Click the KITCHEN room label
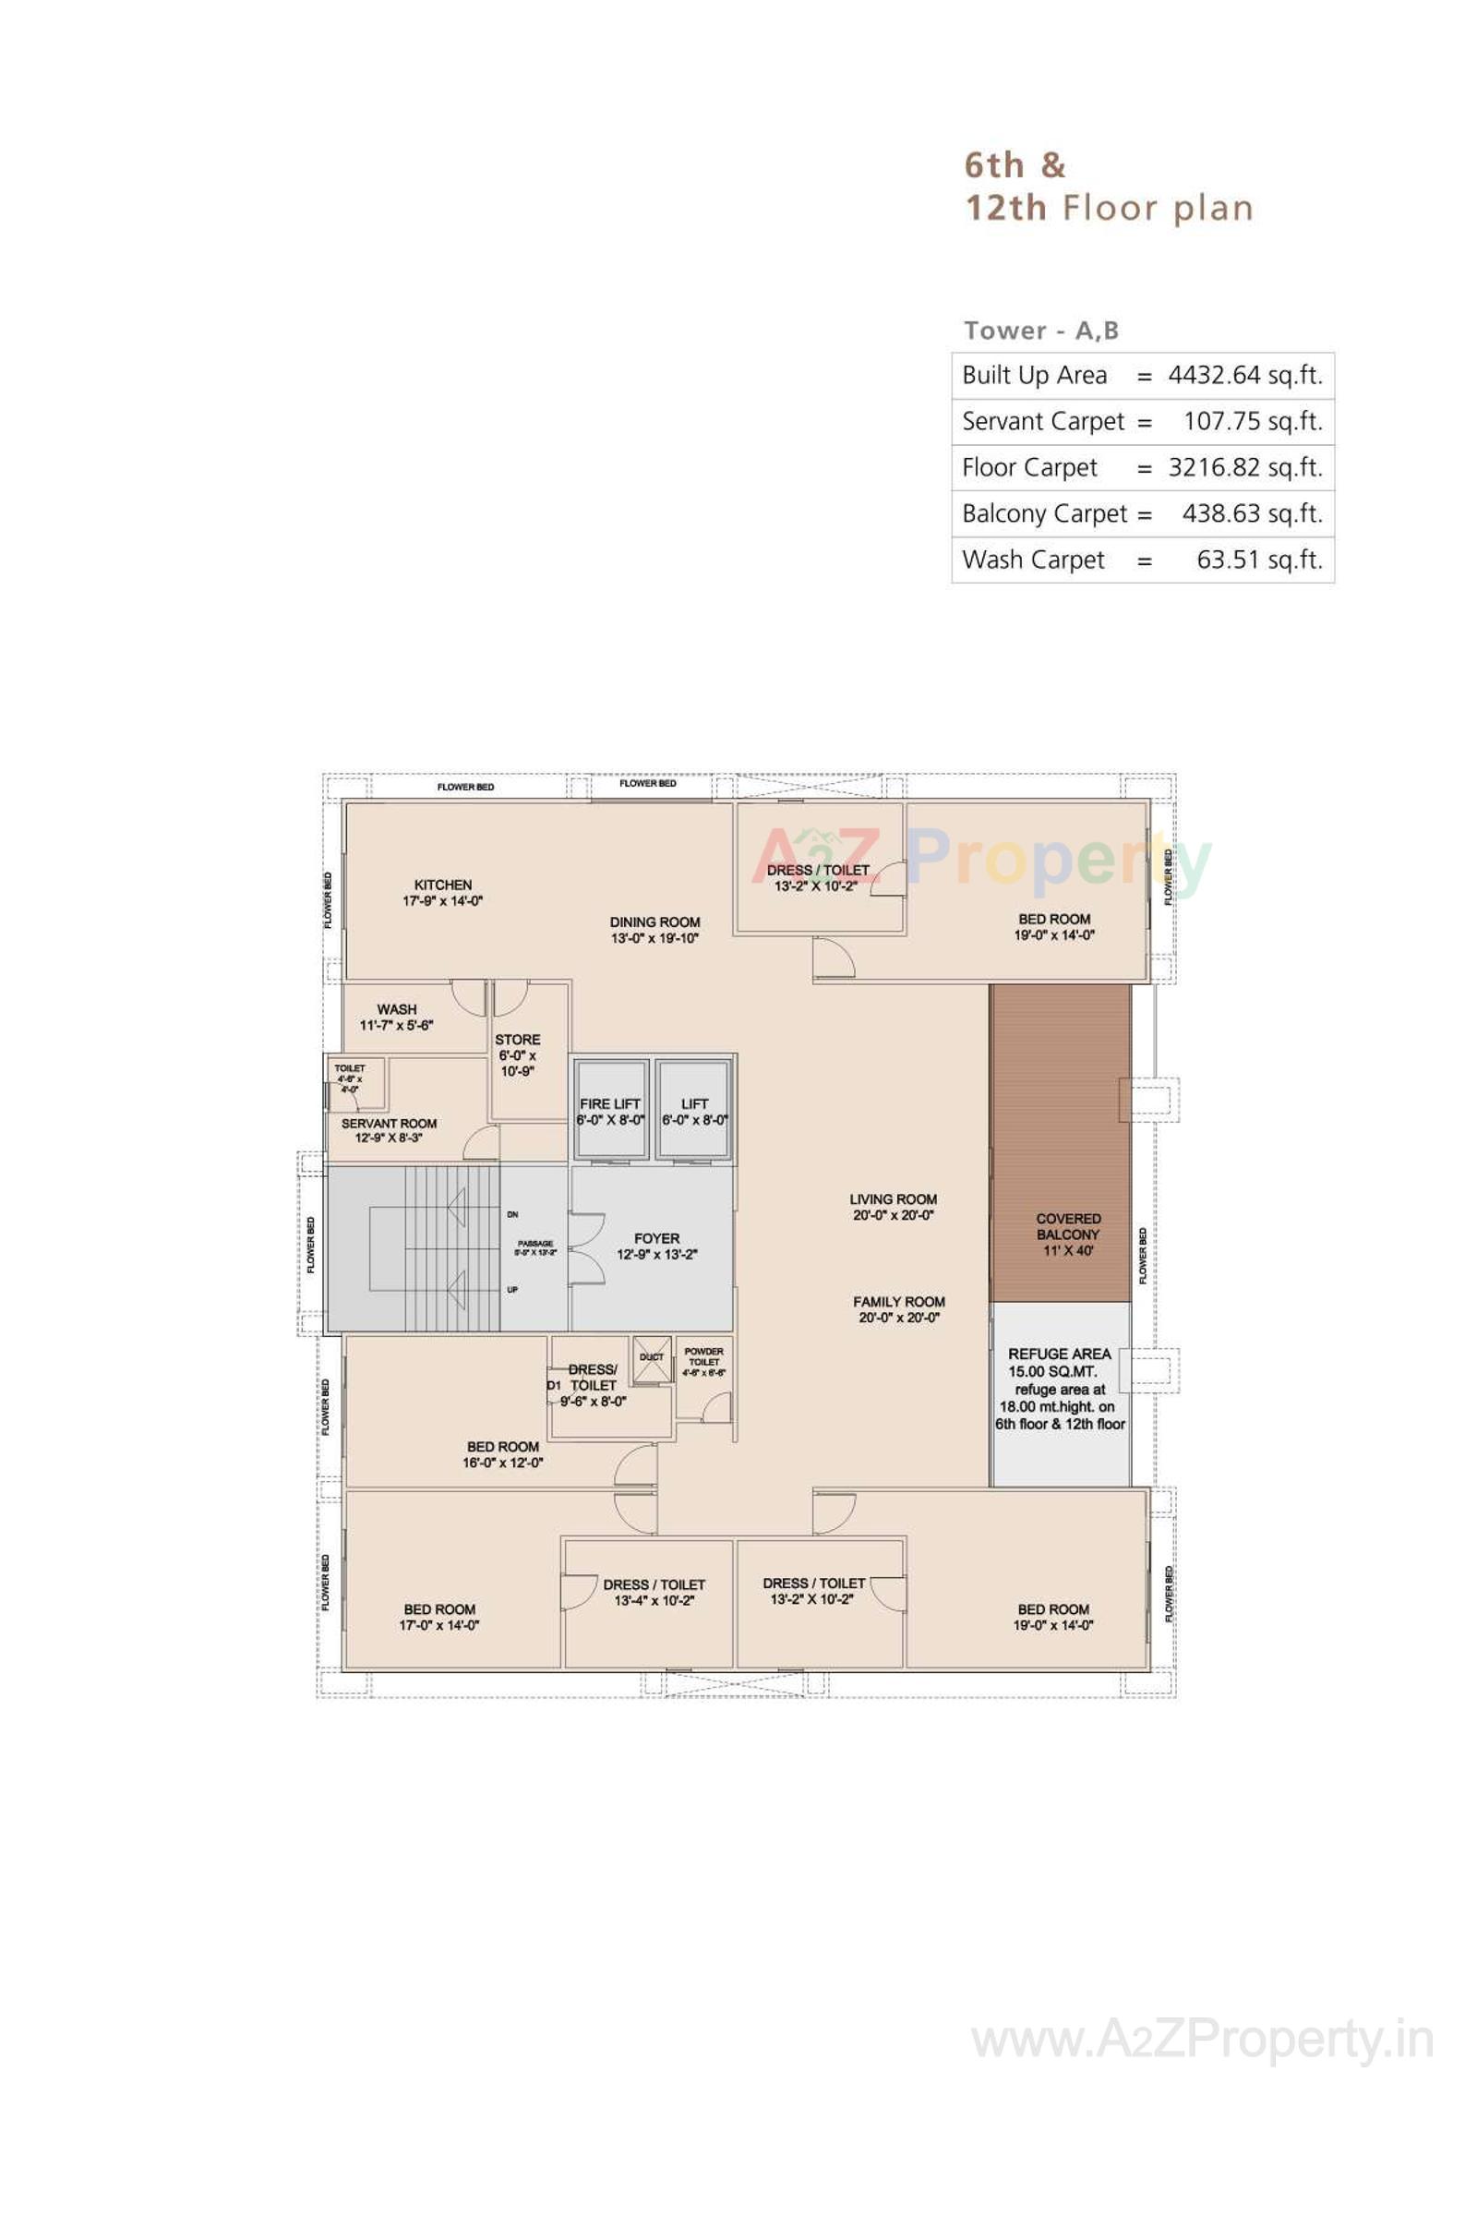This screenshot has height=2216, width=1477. [x=443, y=885]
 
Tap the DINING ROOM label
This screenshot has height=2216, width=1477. [x=654, y=922]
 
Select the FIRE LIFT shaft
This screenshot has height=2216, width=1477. [x=610, y=1110]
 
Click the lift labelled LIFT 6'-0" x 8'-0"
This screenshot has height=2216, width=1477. [x=695, y=1110]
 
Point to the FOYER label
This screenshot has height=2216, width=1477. [x=656, y=1239]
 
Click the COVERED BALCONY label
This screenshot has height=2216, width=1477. [x=1068, y=1227]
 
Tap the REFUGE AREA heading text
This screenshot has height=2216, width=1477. [x=1060, y=1354]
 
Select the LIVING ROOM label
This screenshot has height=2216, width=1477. [x=893, y=1199]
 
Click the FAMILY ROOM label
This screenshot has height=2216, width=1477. [x=898, y=1302]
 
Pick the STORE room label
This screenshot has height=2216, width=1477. [x=518, y=1040]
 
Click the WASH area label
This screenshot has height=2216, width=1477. [x=397, y=1009]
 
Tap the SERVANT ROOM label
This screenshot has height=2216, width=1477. [x=389, y=1123]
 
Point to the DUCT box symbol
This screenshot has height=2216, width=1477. [x=652, y=1358]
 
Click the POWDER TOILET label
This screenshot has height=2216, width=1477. [x=703, y=1356]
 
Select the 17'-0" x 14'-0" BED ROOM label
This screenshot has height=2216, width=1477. [x=440, y=1609]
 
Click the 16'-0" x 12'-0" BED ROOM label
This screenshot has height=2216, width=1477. [x=503, y=1446]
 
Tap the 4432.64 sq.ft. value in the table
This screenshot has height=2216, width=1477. [x=1245, y=375]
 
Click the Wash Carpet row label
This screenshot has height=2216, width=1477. [x=1032, y=560]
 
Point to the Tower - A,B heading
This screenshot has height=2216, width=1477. [x=1041, y=331]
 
